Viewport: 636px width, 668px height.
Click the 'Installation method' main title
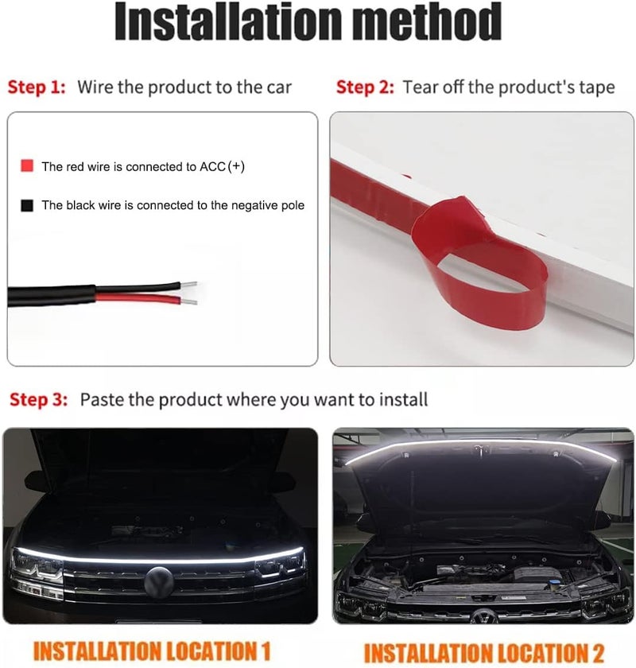308,21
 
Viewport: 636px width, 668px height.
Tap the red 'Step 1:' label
37,87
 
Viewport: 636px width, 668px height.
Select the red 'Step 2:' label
365,87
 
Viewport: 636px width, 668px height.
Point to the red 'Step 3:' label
39,399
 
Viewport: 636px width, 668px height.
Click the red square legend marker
27,165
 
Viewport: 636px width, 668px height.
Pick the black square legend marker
27,205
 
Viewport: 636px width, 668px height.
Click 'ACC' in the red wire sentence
212,166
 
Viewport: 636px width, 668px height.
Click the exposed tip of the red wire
189,302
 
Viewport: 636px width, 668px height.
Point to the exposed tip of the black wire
188,285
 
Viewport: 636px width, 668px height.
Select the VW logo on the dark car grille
159,582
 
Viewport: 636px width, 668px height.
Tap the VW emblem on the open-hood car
484,616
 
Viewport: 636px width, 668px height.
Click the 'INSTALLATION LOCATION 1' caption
152,651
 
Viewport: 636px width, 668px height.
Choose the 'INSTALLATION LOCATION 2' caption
484,653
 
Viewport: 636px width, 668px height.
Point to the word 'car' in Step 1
279,87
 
